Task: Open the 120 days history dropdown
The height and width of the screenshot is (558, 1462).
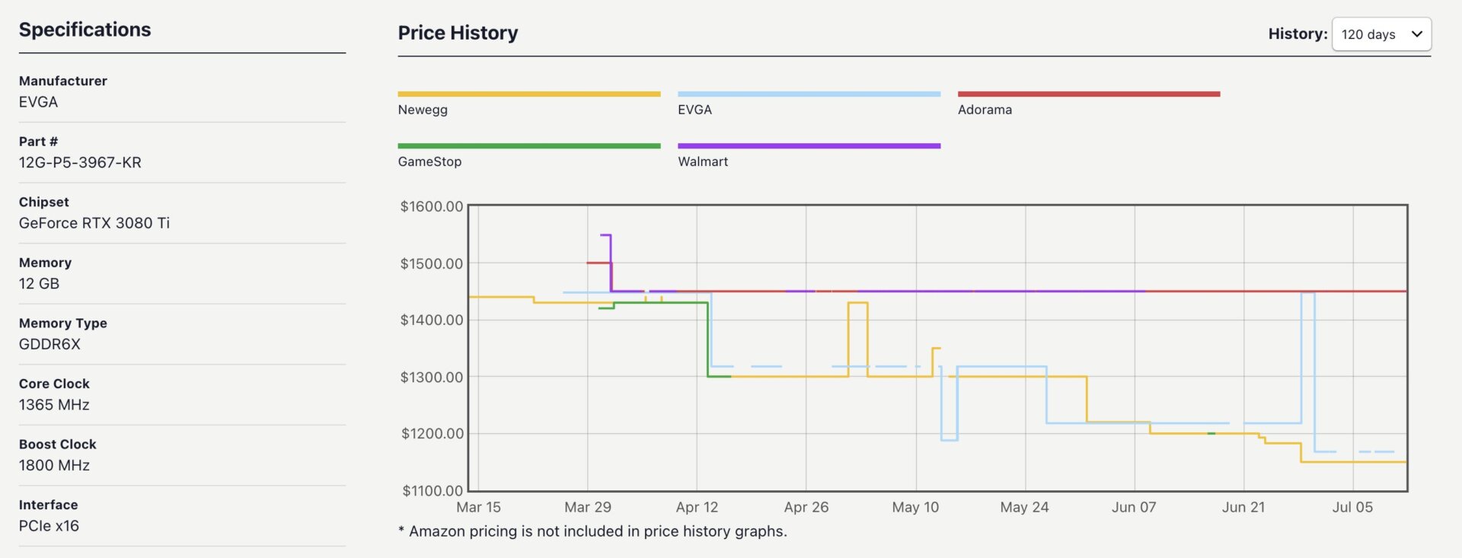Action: tap(1381, 34)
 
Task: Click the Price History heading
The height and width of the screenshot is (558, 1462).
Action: tap(458, 33)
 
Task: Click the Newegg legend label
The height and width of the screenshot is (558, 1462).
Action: tap(423, 110)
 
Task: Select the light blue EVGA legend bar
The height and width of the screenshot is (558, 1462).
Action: tap(809, 94)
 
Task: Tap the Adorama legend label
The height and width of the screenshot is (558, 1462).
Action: tap(985, 110)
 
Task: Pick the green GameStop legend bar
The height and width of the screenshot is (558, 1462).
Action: tap(528, 146)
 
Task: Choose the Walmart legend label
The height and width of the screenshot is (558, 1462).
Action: tap(703, 161)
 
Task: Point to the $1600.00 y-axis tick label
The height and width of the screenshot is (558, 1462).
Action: tap(431, 206)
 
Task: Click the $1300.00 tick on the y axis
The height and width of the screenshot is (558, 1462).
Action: tap(431, 377)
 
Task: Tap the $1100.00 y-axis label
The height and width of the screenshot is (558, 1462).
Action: tap(432, 490)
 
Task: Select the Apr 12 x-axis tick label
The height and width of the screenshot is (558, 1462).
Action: tap(697, 507)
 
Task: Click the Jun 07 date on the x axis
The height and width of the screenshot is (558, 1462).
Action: tap(1134, 507)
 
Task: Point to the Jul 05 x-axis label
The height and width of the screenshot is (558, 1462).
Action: tap(1352, 507)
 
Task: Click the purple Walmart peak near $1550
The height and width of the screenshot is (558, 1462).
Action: tap(607, 235)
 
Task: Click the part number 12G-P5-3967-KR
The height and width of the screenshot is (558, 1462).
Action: tap(80, 162)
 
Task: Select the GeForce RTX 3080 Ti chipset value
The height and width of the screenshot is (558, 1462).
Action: tap(94, 223)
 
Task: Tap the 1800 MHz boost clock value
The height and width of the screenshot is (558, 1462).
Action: tap(54, 465)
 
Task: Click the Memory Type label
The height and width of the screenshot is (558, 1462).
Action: tap(62, 323)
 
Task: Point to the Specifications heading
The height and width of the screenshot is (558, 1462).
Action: tap(85, 30)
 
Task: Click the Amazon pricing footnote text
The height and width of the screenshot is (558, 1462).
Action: tap(592, 531)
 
